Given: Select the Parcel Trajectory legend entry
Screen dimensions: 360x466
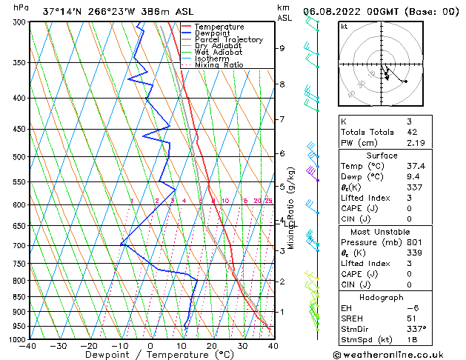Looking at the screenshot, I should [x=228, y=40].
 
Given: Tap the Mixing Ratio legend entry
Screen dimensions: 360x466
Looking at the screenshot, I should [x=220, y=65].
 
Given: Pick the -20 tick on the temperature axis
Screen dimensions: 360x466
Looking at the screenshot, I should [x=89, y=346].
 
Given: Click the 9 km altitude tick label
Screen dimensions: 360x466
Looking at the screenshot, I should [x=282, y=48].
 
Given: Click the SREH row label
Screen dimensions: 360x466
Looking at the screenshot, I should [x=352, y=318].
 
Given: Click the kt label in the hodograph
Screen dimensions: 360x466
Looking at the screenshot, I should [x=344, y=27].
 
